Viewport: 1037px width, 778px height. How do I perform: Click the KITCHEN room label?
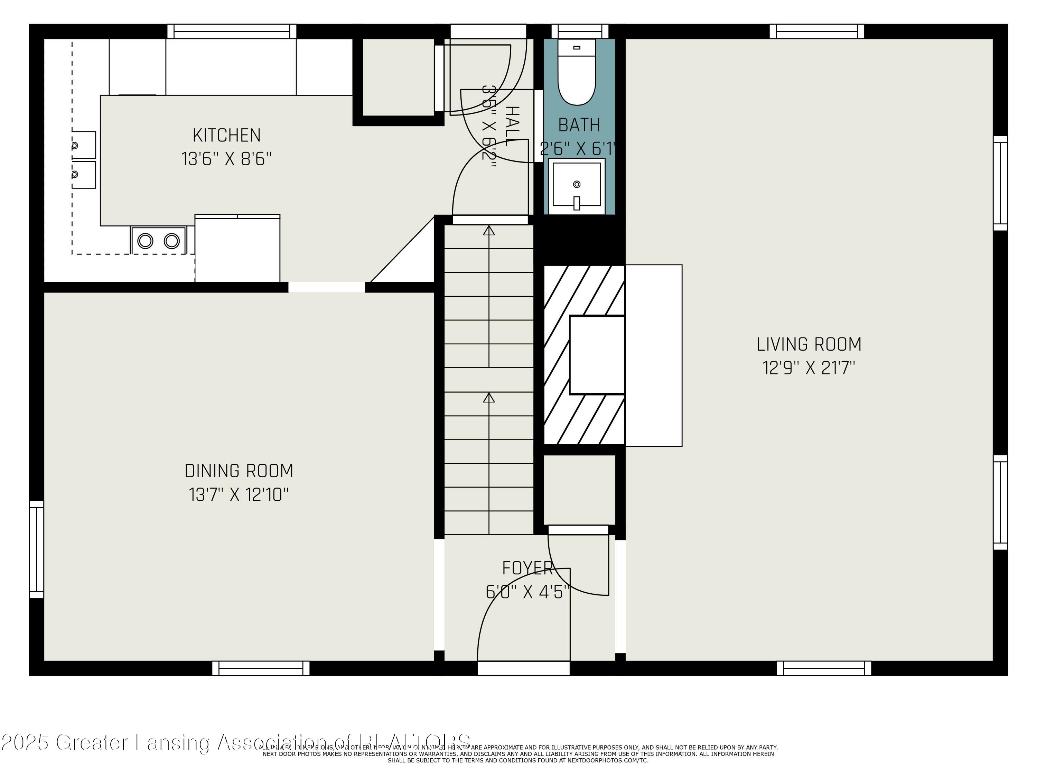[226, 136]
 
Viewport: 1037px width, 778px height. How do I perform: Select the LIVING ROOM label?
[809, 344]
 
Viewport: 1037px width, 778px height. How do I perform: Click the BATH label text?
[579, 125]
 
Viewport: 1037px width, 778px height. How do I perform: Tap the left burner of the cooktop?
[145, 241]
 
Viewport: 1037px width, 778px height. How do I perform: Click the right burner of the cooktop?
[171, 241]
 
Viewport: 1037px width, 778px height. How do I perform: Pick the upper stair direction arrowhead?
[489, 230]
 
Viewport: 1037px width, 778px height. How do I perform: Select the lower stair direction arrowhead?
[489, 398]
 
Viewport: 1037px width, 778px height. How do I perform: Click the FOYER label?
[527, 568]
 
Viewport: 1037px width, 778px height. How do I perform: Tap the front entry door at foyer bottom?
[524, 668]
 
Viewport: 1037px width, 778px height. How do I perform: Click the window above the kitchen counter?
[232, 31]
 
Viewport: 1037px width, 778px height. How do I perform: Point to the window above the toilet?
[580, 31]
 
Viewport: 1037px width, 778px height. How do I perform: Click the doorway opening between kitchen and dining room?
[326, 287]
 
